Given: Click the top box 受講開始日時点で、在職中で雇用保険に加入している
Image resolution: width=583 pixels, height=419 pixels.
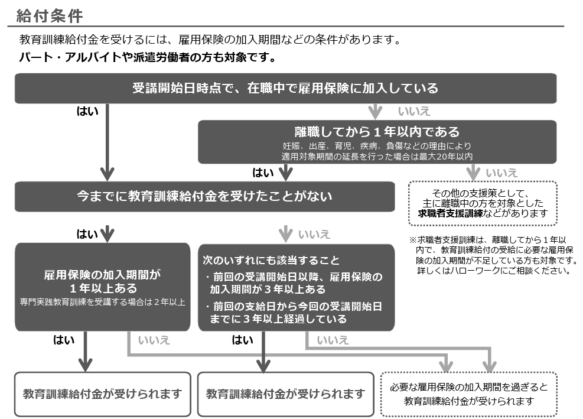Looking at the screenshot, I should [285, 89].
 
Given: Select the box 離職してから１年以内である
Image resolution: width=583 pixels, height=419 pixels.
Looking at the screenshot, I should [377, 142].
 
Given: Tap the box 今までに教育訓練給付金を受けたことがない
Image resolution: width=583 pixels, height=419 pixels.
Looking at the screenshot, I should [204, 196].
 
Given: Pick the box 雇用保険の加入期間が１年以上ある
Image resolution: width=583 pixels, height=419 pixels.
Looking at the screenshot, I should [103, 286].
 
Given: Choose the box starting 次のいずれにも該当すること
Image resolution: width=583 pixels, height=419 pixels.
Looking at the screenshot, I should [296, 286].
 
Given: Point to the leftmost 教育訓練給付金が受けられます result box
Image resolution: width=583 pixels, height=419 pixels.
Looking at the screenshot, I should [103, 394].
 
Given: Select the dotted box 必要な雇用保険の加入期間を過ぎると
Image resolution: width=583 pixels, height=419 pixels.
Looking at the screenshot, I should [469, 394].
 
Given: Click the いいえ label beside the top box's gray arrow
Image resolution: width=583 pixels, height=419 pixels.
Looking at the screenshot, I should [414, 112].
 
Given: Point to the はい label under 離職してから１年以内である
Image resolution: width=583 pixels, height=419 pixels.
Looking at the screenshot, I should [263, 173].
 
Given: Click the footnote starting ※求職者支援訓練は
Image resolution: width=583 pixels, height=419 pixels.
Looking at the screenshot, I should [492, 255].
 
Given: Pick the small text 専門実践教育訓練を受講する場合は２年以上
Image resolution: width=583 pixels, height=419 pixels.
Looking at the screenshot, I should [103, 303].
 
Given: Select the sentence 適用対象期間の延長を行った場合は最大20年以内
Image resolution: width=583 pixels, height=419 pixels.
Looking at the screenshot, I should [377, 157].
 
